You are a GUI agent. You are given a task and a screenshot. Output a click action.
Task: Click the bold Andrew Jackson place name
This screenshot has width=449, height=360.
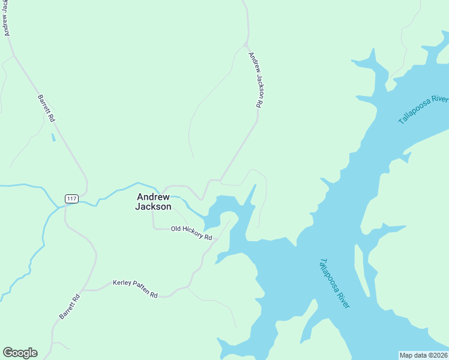(154, 202)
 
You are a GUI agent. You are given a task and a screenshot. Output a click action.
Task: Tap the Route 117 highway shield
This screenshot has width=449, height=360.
(71, 199)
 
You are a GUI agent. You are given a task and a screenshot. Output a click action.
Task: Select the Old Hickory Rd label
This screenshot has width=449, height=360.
(191, 233)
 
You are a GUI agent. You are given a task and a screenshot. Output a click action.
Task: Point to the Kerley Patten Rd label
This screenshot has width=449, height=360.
(135, 289)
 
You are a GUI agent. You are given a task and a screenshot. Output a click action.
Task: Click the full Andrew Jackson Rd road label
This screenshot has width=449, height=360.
(256, 79)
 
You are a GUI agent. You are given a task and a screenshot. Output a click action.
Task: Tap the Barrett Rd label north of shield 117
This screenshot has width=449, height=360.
(46, 109)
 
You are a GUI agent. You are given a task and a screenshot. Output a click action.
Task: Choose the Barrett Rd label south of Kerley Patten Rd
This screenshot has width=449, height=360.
(69, 307)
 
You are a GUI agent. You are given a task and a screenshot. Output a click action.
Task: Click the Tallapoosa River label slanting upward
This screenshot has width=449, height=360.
(424, 109)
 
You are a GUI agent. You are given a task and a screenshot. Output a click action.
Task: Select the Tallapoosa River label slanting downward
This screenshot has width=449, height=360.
(334, 283)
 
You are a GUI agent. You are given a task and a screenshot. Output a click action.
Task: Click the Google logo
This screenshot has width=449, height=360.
(20, 353)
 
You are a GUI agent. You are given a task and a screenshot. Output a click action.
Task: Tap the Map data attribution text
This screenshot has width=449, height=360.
(424, 355)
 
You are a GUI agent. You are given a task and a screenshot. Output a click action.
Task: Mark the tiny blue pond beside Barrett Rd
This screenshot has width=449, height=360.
(53, 137)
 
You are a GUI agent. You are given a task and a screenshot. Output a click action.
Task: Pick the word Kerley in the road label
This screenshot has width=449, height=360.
(122, 284)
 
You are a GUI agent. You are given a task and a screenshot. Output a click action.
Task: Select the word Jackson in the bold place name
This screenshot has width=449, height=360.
(154, 207)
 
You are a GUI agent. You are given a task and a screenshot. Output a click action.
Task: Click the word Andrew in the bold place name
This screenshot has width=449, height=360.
(154, 196)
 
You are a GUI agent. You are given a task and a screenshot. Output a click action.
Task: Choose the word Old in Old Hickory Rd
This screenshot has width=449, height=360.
(176, 229)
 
